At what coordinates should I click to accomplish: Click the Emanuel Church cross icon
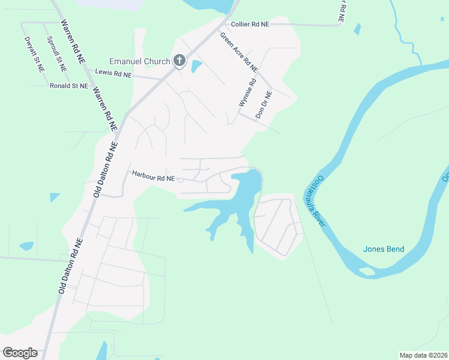178,61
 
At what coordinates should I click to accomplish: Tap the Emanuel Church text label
139,61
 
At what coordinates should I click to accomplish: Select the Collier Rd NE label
250,25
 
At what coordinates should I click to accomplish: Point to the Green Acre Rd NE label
239,52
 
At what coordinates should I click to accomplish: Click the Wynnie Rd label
247,94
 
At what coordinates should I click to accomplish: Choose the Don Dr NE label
264,103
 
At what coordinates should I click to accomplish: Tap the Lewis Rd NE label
113,74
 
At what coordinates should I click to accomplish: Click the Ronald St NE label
68,86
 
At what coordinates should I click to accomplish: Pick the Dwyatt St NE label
35,55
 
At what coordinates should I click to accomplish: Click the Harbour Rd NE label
153,178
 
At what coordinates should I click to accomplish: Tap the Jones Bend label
384,249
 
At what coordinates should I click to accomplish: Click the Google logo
20,352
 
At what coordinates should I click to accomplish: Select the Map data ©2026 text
423,355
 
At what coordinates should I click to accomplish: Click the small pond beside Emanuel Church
196,66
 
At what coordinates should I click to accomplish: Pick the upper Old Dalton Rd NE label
106,170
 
